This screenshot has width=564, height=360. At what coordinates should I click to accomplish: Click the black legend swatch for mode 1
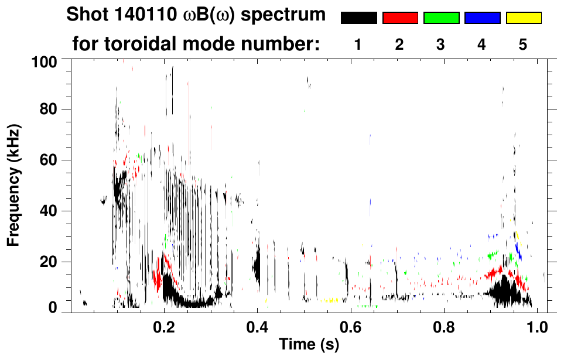[x=358, y=18]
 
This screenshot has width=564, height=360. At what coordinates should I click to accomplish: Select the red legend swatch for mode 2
[x=400, y=18]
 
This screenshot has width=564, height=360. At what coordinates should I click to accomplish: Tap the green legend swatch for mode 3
[x=441, y=18]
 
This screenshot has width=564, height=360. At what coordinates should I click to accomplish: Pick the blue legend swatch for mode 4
[x=482, y=18]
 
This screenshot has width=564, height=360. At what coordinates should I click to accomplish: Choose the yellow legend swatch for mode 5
[x=524, y=18]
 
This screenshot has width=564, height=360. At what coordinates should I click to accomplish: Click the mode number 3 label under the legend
[x=440, y=44]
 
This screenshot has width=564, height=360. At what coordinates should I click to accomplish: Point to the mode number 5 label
[x=523, y=44]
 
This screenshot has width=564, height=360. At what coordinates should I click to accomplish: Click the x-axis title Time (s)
[x=309, y=345]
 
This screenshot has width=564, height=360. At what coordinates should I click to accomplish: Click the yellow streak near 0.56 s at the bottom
[x=331, y=300]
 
